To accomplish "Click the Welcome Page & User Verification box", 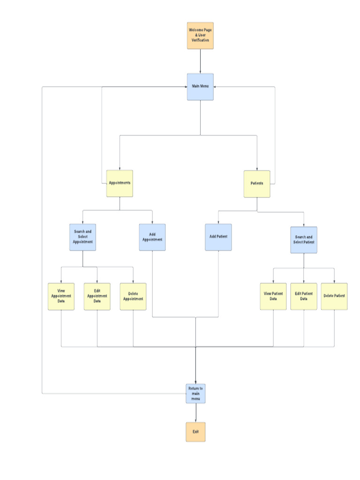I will tap(200, 36).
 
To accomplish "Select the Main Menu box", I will tap(200, 87).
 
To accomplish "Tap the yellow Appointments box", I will tap(120, 183).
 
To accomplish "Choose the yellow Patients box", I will tap(257, 184).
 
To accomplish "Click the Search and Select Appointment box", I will tap(82, 237).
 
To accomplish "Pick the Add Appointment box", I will tap(152, 237).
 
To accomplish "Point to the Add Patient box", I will tap(218, 237).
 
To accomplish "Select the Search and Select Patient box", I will tap(303, 240).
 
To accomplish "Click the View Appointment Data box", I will tap(61, 296).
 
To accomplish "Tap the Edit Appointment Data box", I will tap(97, 296).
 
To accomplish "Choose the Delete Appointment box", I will tap(133, 296).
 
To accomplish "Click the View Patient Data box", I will tap(273, 296).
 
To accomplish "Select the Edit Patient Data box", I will tap(304, 296).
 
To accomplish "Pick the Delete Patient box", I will tap(334, 296).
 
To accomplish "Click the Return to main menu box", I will tap(195, 393).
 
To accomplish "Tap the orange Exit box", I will tap(195, 431).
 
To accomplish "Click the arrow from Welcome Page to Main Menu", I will tap(200, 61).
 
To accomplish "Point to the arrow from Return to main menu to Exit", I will tap(195, 412).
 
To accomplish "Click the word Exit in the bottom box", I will tap(195, 431).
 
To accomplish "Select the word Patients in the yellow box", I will tap(257, 183).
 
